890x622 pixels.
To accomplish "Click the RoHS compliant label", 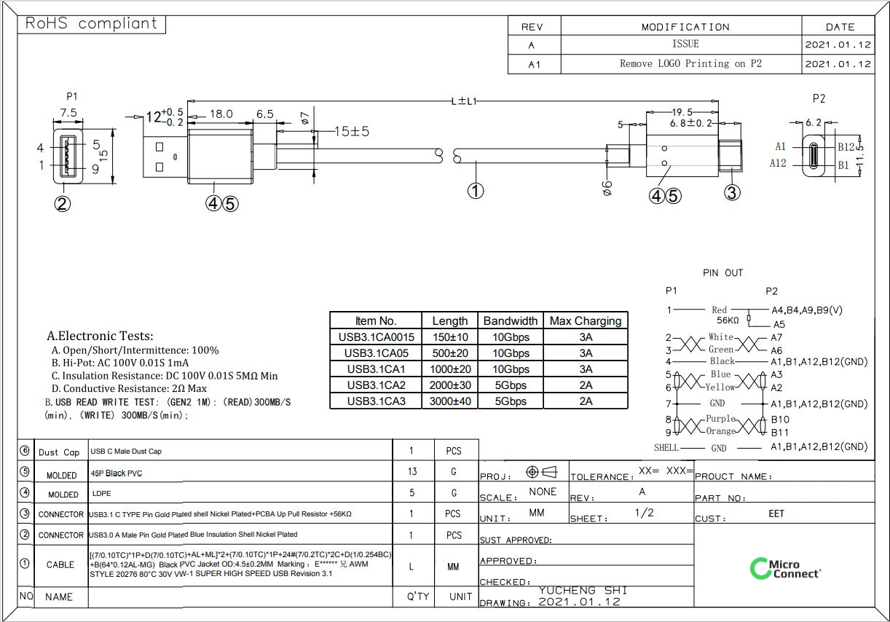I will [x=92, y=23].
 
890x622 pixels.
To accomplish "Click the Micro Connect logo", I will [x=785, y=569].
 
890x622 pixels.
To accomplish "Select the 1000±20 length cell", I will [x=450, y=369].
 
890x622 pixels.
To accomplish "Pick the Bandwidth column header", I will [x=511, y=320].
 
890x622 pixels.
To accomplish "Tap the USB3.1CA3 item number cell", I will [x=376, y=401].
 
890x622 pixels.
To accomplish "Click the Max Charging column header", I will [x=586, y=320].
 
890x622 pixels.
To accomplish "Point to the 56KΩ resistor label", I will [x=728, y=320].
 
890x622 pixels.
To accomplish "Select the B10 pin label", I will [x=780, y=420].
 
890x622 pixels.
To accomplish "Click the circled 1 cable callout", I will [x=476, y=191].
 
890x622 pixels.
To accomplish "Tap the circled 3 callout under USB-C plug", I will [x=732, y=192].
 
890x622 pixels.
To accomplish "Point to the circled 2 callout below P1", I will [x=63, y=204].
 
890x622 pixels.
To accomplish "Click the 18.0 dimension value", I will [x=221, y=114].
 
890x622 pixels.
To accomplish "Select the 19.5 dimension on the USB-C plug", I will [x=682, y=112].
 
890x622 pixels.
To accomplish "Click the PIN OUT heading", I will [x=722, y=272].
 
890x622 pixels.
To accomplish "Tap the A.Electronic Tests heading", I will [x=100, y=336].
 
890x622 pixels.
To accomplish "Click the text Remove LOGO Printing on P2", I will [x=690, y=63].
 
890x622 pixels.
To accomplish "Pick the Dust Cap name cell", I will [x=59, y=452].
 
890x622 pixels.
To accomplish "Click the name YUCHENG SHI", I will [x=583, y=591].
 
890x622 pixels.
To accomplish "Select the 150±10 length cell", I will [x=450, y=337].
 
